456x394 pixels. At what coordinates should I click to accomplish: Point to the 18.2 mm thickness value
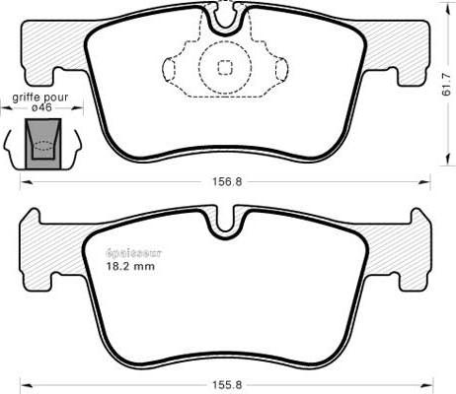(x=130, y=266)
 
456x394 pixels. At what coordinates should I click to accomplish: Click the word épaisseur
(x=133, y=252)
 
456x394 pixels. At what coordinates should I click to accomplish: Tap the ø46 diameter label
(x=40, y=109)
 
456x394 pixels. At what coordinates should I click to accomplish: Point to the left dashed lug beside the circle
(x=170, y=68)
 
